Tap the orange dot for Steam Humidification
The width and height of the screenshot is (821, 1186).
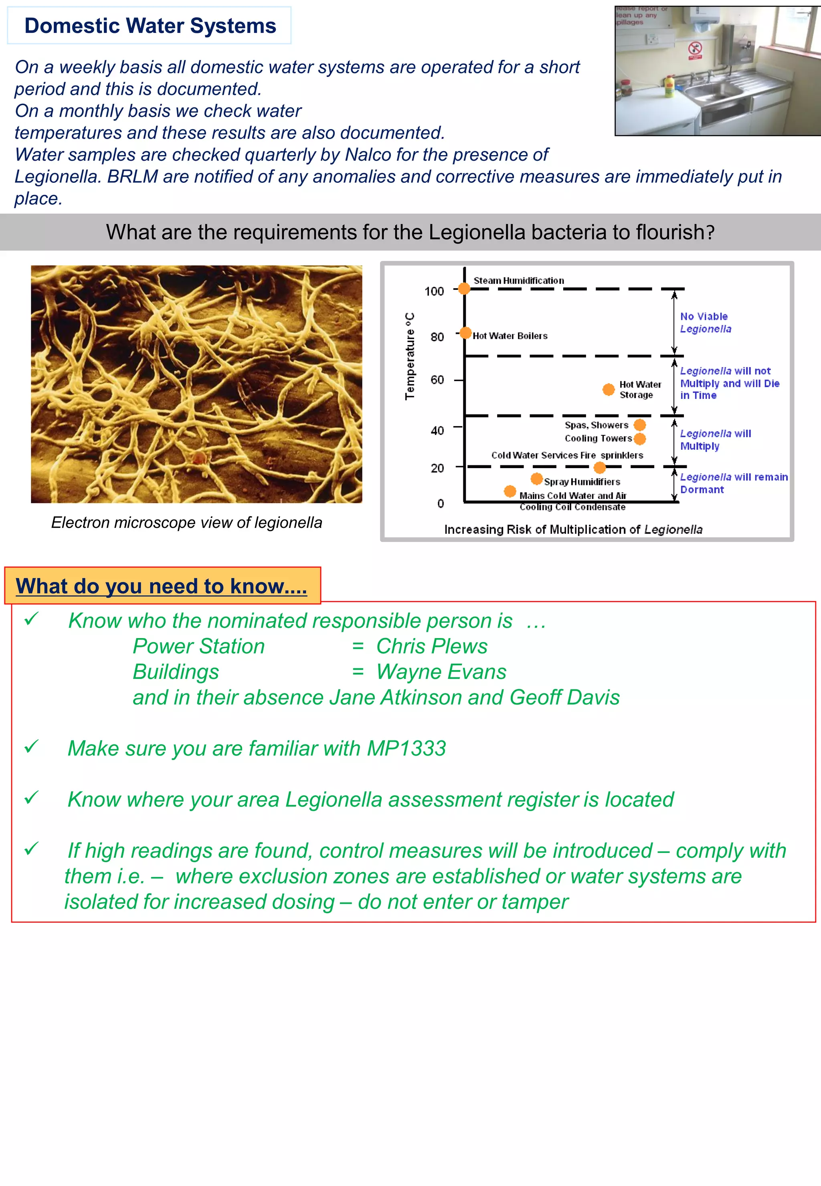point(464,289)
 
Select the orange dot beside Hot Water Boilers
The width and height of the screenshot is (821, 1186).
point(465,333)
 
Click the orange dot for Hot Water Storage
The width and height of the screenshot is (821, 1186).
point(609,389)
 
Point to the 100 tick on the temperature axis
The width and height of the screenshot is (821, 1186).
point(434,291)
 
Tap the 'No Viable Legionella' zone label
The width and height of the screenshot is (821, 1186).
point(705,323)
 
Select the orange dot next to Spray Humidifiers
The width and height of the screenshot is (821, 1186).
point(536,479)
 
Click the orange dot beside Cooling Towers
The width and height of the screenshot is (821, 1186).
point(640,439)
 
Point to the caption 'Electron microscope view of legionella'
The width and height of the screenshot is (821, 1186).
point(186,523)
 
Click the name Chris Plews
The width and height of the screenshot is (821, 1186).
point(432,647)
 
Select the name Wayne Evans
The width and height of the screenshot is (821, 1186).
point(441,672)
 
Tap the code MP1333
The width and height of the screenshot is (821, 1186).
point(406,748)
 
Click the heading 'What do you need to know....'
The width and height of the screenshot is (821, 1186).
point(162,586)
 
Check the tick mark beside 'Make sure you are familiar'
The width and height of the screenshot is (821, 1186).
point(31,746)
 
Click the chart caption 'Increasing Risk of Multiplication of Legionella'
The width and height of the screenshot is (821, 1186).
point(573,529)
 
